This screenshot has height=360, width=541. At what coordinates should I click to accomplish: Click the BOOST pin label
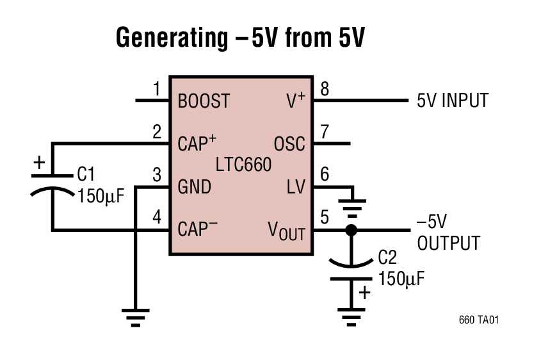(203, 101)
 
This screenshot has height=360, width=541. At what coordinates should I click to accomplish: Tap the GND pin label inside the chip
(194, 187)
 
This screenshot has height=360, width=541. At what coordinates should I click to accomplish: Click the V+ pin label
(294, 101)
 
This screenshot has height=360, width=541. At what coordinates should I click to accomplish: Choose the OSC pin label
(289, 143)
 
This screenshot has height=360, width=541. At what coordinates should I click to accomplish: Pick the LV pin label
(296, 187)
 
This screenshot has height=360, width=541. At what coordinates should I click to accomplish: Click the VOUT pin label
(286, 231)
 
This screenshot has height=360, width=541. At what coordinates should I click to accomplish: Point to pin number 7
(325, 133)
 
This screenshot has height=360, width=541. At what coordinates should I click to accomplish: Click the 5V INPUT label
(453, 101)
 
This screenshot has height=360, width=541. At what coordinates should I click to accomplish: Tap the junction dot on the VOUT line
(351, 230)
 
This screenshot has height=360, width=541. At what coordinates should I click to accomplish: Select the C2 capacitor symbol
(351, 269)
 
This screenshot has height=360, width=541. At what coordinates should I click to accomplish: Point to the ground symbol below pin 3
(135, 317)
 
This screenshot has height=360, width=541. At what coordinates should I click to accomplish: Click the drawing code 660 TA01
(478, 319)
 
